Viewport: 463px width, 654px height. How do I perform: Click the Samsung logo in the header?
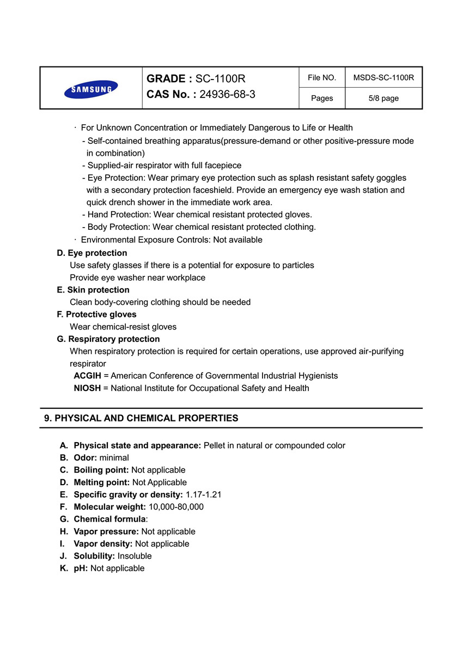coord(91,89)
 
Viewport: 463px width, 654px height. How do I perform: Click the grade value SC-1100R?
coord(221,79)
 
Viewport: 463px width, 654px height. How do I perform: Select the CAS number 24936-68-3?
coord(227,94)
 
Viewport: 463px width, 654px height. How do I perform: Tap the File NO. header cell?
coord(322,78)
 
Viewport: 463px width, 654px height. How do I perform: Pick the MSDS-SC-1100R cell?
coord(383,78)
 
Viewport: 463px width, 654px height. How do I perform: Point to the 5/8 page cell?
coord(383,99)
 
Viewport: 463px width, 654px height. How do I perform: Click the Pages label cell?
coord(322,99)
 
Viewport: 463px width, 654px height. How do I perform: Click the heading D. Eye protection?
coord(92,253)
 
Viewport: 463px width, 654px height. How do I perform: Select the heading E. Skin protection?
coord(93,290)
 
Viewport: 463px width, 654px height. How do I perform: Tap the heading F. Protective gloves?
coord(96,315)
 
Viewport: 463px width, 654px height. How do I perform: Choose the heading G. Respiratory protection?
coord(108,339)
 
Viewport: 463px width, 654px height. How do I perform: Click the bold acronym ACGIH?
coord(88,376)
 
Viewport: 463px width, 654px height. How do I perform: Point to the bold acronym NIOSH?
coord(87,388)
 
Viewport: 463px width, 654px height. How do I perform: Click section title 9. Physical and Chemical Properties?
coord(141,419)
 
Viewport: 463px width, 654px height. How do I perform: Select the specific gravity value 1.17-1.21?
coord(203,494)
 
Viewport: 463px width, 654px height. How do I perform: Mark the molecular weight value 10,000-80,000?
coord(176,507)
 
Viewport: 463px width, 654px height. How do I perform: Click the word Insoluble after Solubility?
coord(135,556)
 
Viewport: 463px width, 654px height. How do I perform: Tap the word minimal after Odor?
coord(114,458)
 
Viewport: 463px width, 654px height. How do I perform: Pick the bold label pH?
coord(81,569)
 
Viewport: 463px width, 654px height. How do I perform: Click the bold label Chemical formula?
coord(109,519)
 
